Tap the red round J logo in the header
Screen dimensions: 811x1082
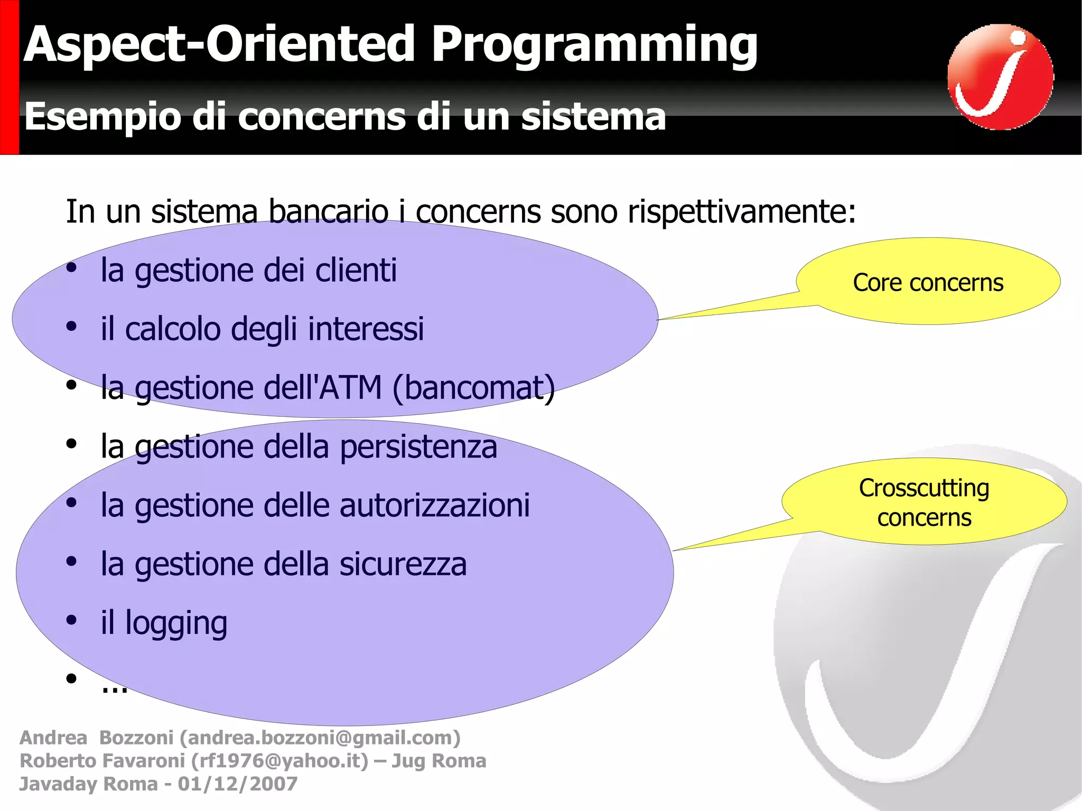(1000, 77)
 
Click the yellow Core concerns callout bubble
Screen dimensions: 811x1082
(928, 282)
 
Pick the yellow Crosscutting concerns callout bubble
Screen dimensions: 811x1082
(924, 502)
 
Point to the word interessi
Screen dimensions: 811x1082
(366, 329)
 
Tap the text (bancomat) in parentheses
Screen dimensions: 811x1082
(473, 388)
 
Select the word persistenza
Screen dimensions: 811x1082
(418, 447)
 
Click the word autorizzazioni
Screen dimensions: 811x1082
(434, 506)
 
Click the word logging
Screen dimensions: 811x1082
(176, 623)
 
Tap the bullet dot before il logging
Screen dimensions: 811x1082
(71, 620)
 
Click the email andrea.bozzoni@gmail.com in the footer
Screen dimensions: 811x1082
(320, 738)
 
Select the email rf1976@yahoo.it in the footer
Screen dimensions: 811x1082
(279, 761)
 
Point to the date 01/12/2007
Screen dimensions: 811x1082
(237, 784)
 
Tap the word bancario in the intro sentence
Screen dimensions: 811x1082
(328, 212)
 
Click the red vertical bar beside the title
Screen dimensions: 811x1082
(9, 77)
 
